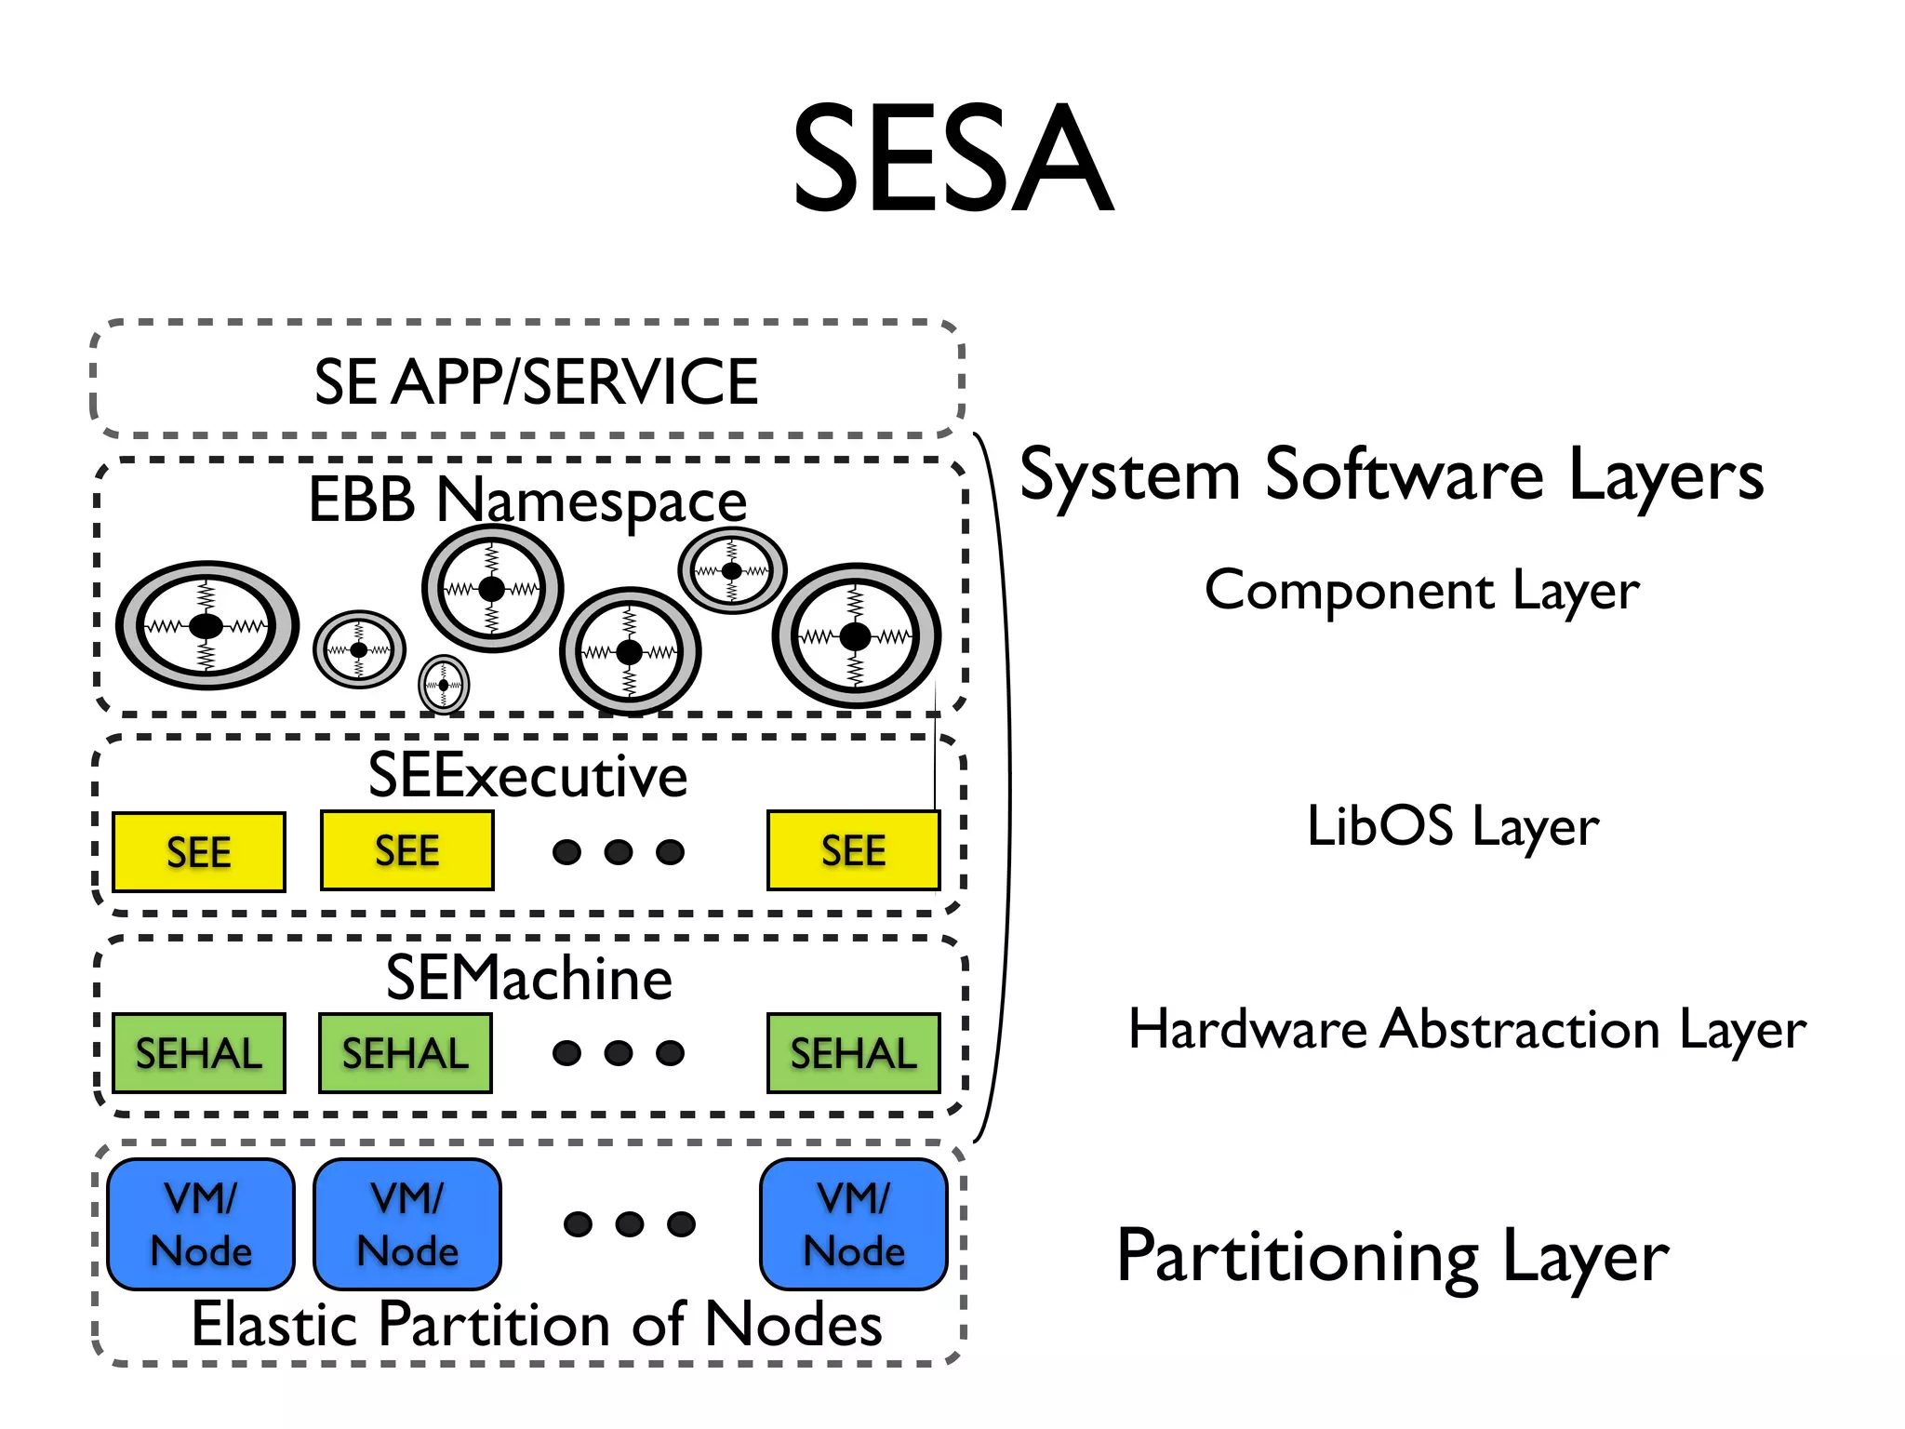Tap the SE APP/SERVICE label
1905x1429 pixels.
[x=536, y=381]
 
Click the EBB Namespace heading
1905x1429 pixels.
[x=527, y=500]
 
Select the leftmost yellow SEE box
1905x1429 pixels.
[x=199, y=852]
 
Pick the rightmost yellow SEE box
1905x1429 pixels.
[x=853, y=850]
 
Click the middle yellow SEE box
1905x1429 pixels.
[x=406, y=850]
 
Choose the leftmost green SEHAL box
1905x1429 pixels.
[x=199, y=1053]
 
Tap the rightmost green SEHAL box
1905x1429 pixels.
[x=853, y=1053]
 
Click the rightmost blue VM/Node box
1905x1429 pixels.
[x=853, y=1224]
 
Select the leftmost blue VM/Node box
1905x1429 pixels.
[x=201, y=1224]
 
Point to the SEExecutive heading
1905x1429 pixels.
[x=527, y=775]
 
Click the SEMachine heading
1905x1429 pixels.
[x=528, y=978]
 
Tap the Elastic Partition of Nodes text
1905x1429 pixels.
[x=537, y=1324]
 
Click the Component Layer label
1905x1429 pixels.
[x=1421, y=591]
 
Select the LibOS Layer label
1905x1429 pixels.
[x=1452, y=826]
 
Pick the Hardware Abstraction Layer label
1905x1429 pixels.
[x=1466, y=1029]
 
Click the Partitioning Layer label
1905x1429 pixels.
[x=1392, y=1257]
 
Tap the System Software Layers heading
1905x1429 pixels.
[x=1391, y=475]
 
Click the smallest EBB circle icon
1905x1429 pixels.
[x=444, y=685]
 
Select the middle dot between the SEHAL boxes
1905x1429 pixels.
[x=619, y=1053]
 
